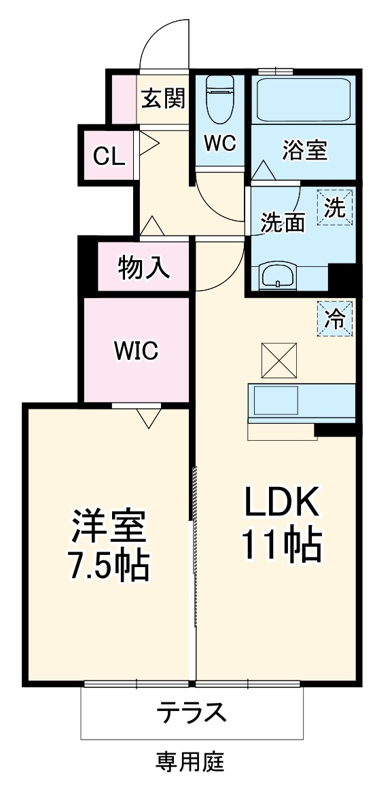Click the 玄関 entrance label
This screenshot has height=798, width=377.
164,100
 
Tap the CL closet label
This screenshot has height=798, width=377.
109,157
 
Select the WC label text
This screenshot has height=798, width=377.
219,143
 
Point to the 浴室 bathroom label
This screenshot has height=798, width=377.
305,150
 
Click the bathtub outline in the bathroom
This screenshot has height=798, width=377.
304,101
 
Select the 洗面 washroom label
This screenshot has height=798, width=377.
283,221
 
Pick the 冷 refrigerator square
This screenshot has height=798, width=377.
336,318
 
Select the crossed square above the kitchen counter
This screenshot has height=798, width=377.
279,360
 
